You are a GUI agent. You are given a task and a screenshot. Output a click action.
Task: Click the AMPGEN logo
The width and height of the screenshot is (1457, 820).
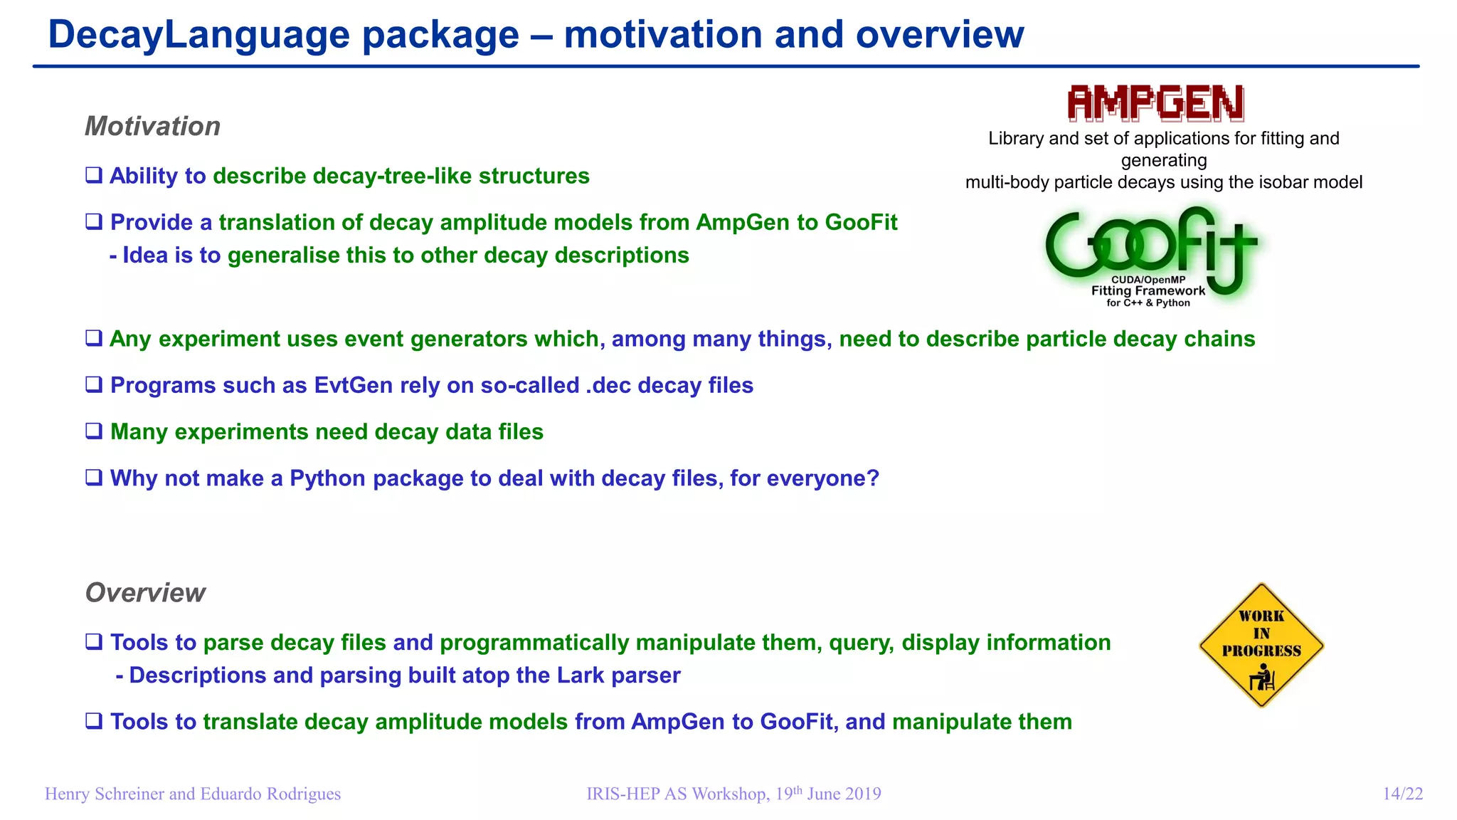[x=1155, y=104]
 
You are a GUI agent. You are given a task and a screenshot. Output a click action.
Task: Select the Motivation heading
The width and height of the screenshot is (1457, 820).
[x=152, y=127]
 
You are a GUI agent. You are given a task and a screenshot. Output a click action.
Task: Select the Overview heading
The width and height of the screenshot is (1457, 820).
[x=145, y=593]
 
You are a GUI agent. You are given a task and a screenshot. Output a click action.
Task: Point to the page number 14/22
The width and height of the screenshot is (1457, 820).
[x=1402, y=794]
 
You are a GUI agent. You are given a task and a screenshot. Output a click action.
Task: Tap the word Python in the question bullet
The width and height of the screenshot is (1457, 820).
[x=327, y=478]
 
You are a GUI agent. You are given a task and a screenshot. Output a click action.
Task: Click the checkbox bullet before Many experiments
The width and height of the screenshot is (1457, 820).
[x=94, y=432]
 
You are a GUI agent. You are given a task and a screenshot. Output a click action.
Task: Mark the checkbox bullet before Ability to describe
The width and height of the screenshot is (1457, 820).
[x=94, y=176]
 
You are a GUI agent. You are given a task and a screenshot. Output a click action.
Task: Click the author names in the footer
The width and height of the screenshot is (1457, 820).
[x=193, y=794]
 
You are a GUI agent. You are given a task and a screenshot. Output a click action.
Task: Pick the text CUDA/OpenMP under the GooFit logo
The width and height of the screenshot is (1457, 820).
[x=1148, y=280]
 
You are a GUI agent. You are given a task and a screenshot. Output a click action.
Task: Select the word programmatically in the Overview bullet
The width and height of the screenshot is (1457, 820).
[x=534, y=643]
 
